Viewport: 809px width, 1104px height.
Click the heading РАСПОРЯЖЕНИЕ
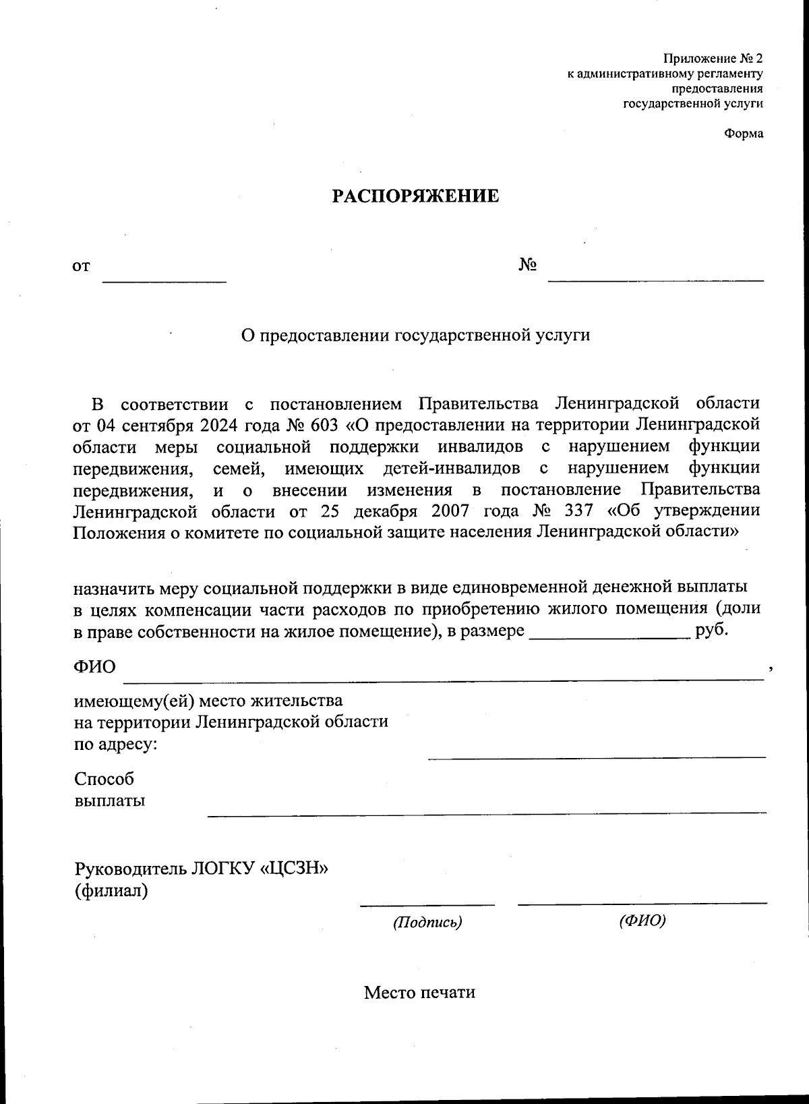click(x=415, y=196)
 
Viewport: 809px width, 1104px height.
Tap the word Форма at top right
click(x=744, y=134)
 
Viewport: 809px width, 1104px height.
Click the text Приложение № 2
click(x=713, y=59)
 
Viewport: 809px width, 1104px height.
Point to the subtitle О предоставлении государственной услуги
click(x=415, y=335)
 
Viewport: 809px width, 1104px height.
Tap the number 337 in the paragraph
click(x=576, y=511)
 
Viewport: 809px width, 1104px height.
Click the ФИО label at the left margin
click(x=94, y=667)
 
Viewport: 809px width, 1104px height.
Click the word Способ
click(x=104, y=779)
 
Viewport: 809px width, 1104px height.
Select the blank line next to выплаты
click(x=485, y=812)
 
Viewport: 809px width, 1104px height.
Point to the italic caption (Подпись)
click(x=427, y=922)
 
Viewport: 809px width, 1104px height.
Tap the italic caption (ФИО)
click(x=642, y=921)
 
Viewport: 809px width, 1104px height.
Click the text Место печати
click(x=419, y=993)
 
